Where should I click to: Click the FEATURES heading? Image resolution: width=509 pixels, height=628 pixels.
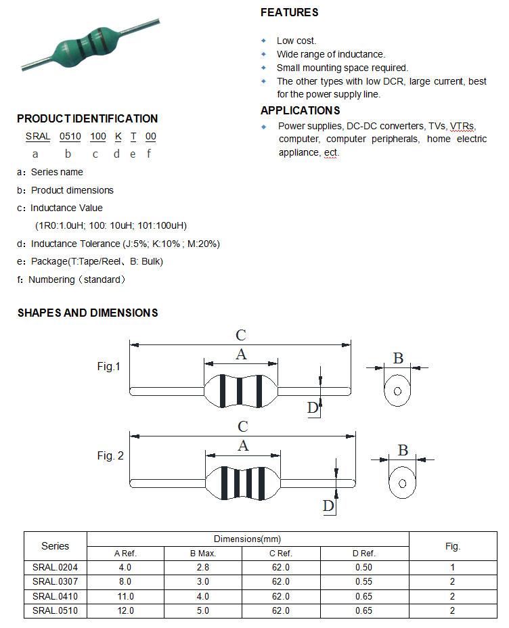[289, 12]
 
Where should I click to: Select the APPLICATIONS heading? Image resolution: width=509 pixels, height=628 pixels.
[301, 110]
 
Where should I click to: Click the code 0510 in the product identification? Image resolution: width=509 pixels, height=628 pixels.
[70, 136]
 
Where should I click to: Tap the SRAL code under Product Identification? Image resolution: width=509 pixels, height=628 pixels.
[38, 136]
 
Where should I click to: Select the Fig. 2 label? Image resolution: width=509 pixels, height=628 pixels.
[110, 456]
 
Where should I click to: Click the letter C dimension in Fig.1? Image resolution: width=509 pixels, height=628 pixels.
[240, 334]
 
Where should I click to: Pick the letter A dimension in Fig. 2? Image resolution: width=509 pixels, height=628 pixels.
[243, 445]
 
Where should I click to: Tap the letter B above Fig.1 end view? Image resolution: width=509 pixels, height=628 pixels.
[398, 358]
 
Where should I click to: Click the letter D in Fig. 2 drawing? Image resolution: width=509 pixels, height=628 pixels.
[328, 506]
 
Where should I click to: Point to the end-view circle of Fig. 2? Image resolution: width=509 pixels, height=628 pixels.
[402, 483]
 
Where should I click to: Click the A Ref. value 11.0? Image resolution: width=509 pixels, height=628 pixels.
[125, 596]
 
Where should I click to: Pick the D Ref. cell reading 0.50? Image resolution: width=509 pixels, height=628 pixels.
[365, 568]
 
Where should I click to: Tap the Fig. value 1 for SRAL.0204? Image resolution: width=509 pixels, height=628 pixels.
[452, 568]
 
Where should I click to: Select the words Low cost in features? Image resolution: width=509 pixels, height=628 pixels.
[296, 41]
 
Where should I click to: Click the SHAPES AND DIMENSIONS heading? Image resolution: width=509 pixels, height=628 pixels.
[87, 313]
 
